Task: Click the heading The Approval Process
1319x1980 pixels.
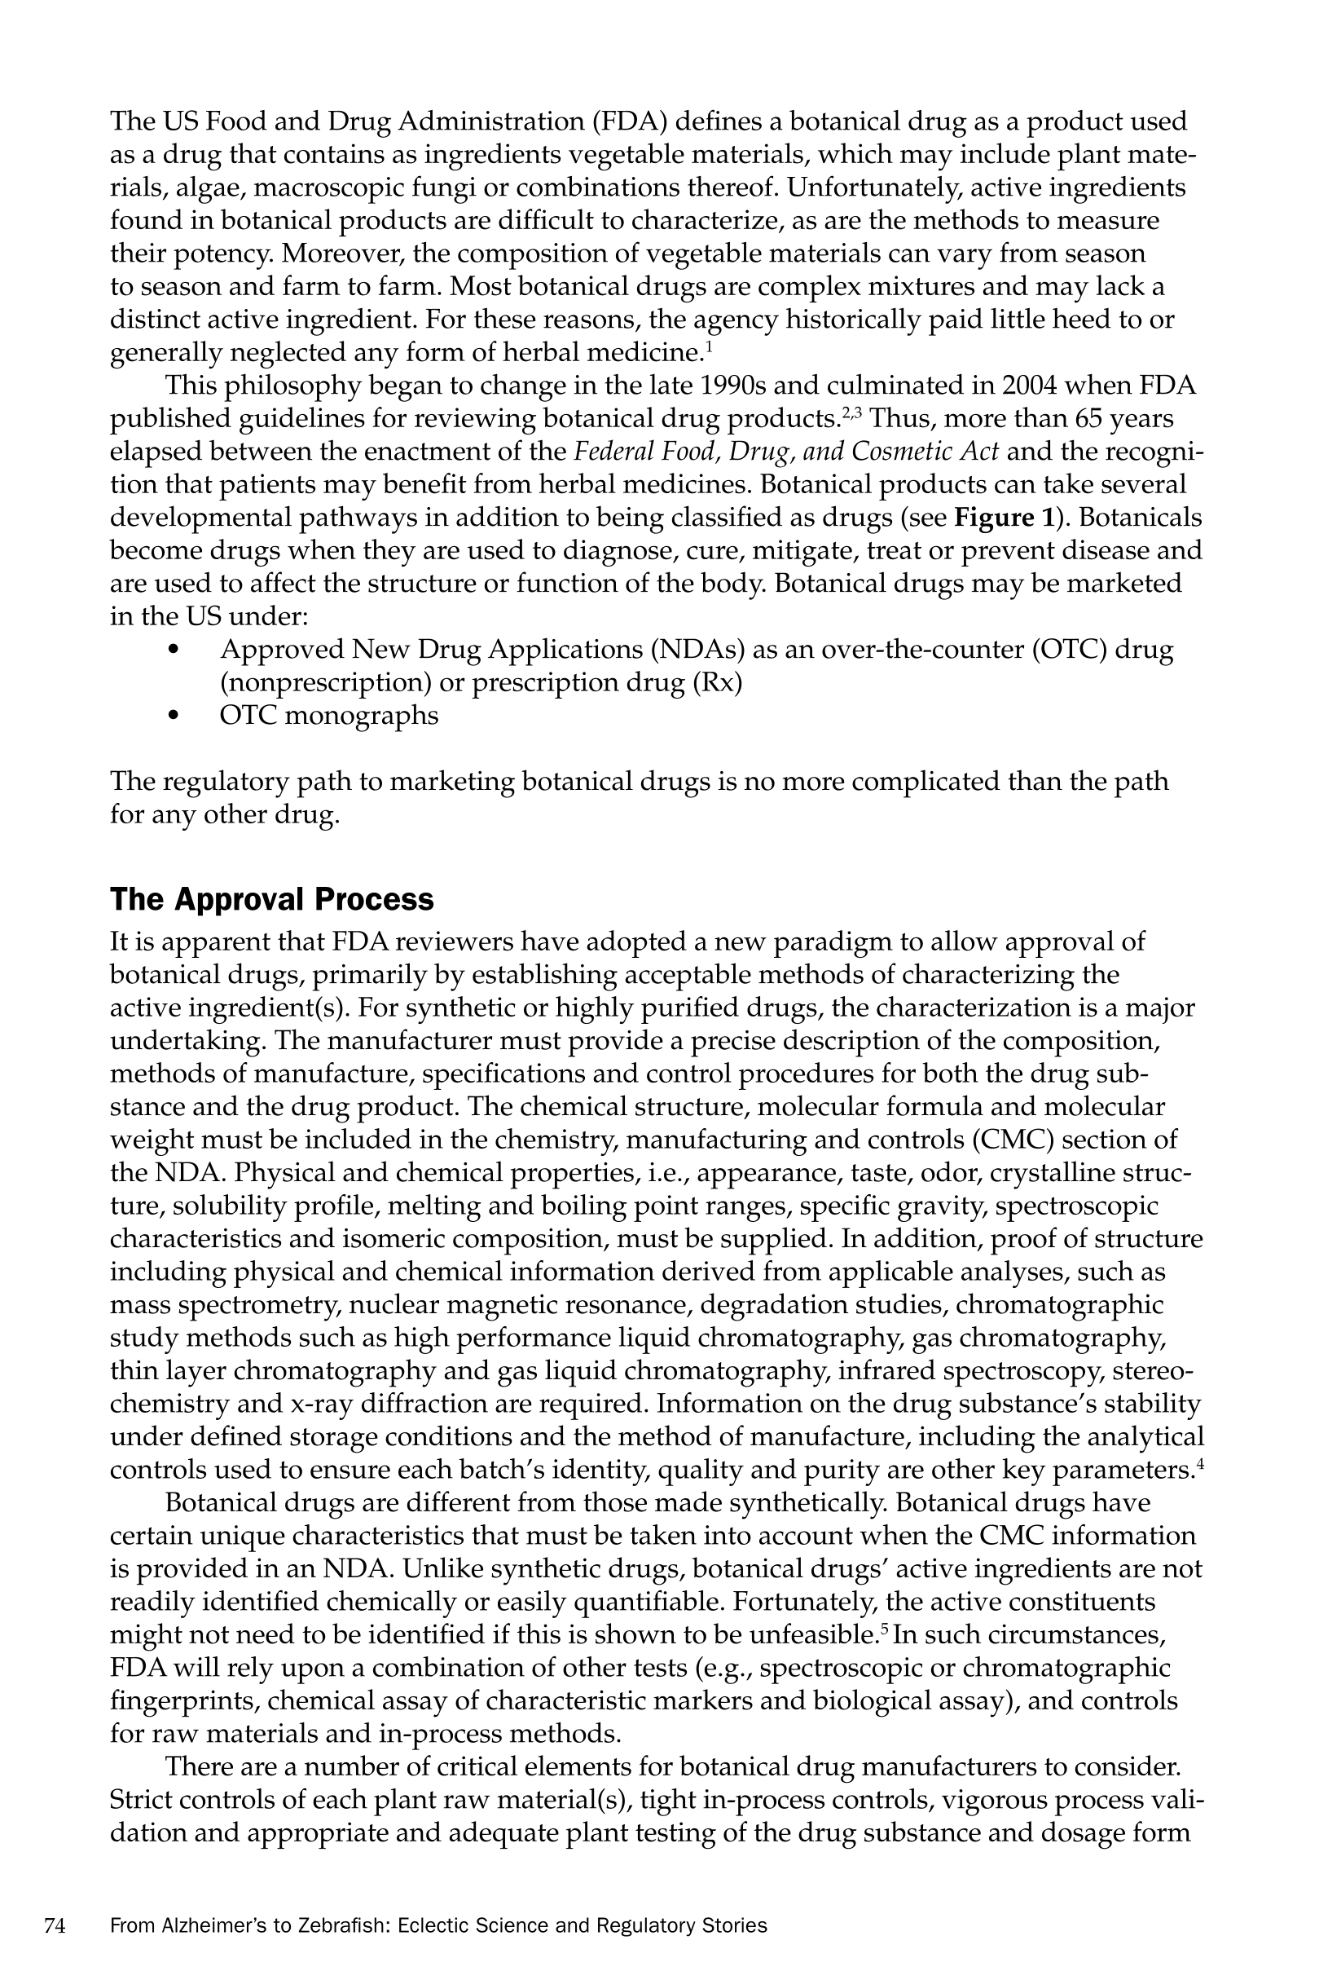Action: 272,900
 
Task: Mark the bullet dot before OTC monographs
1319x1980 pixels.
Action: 174,716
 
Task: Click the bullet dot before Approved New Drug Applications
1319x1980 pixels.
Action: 174,650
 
